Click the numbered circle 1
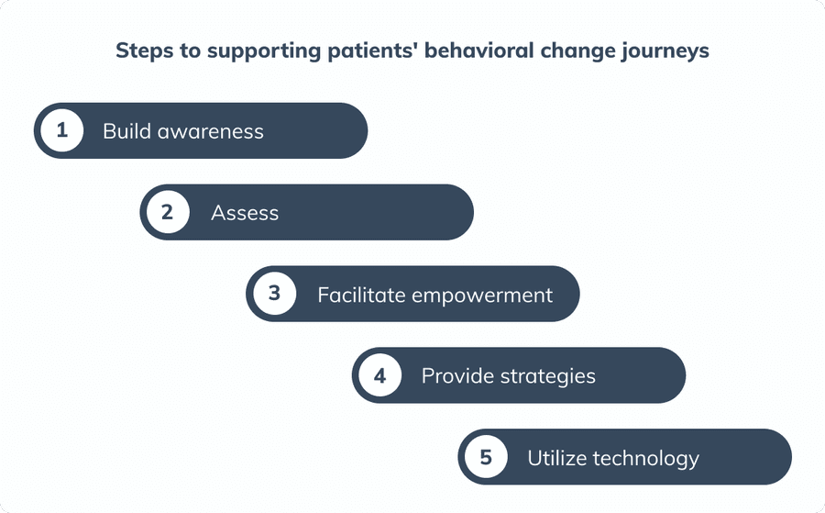pyautogui.click(x=61, y=130)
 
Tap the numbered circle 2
pyautogui.click(x=167, y=213)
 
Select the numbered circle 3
pyautogui.click(x=273, y=295)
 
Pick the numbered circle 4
pyautogui.click(x=379, y=375)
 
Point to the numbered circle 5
pyautogui.click(x=485, y=457)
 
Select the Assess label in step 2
pyautogui.click(x=245, y=213)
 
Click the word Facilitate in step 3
pyautogui.click(x=361, y=295)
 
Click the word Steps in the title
pyautogui.click(x=142, y=50)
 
